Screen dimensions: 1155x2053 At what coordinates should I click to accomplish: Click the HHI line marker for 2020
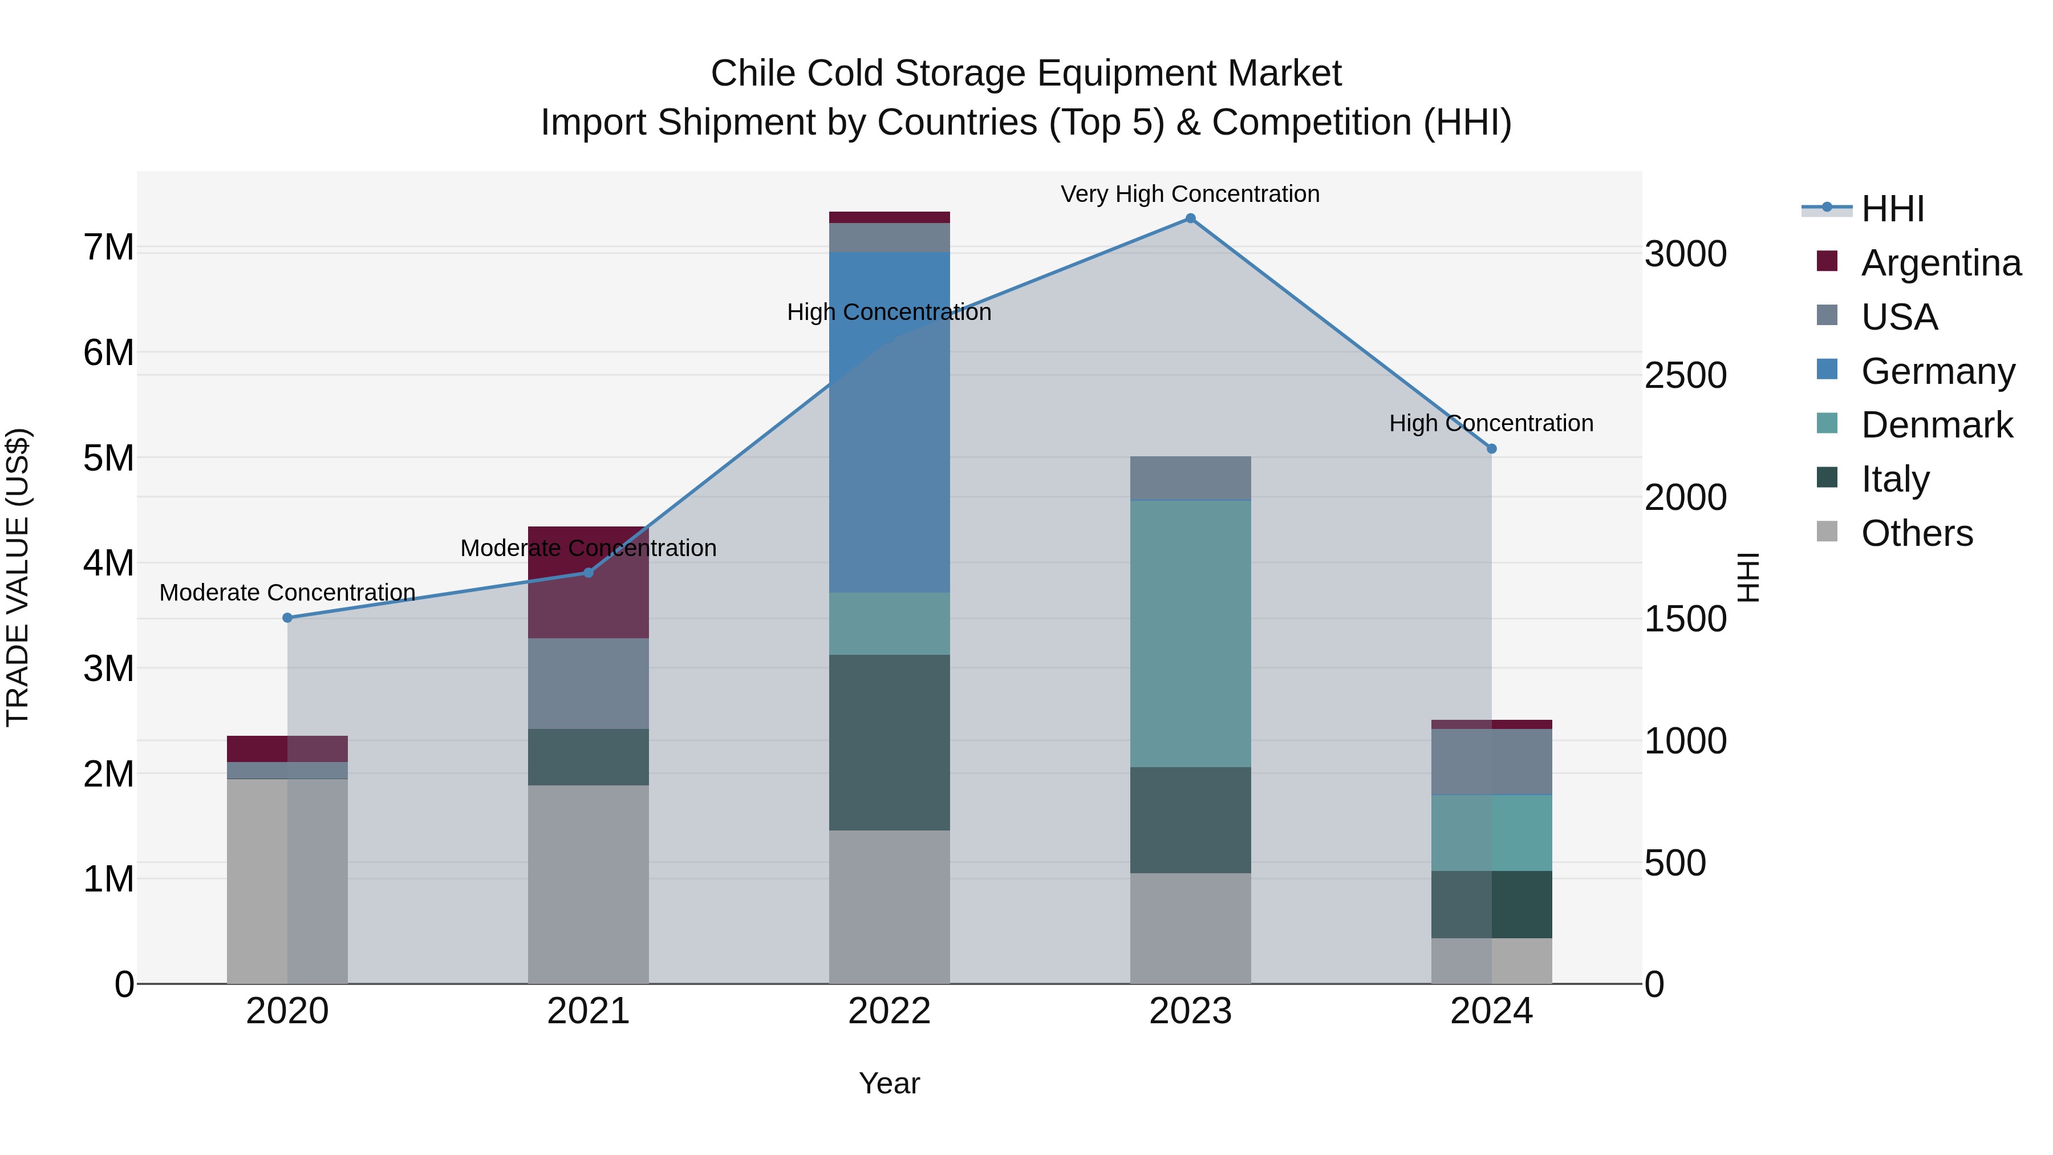coord(288,618)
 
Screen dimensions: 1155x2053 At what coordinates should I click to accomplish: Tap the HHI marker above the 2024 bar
coord(1492,449)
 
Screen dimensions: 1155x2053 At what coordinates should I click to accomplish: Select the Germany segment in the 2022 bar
coord(890,423)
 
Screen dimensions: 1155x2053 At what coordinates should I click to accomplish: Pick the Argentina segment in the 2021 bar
coord(588,582)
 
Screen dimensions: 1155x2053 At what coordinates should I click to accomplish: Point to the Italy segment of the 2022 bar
coord(890,742)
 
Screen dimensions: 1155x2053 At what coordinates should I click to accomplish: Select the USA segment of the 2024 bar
coord(1491,761)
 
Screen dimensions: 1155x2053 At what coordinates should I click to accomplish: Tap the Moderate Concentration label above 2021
coord(588,548)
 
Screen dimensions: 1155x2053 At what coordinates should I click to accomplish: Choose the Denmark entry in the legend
coord(1936,425)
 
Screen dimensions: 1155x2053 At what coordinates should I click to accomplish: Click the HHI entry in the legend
coord(1892,209)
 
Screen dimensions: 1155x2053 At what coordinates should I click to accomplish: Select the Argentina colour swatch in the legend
coord(1827,261)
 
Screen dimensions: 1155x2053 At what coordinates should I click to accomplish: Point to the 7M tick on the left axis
coord(108,247)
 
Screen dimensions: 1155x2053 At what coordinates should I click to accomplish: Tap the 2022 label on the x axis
coord(890,1011)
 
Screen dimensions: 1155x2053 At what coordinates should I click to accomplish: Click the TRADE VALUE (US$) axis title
coord(18,577)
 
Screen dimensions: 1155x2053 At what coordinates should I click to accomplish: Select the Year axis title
coord(890,1083)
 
